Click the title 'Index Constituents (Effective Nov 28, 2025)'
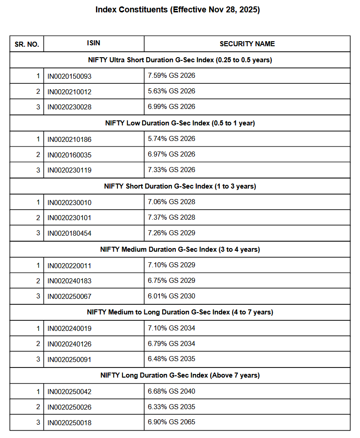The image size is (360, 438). click(178, 10)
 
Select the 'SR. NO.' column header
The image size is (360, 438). click(26, 44)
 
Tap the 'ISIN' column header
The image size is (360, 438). click(94, 43)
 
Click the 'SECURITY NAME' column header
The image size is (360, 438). click(247, 44)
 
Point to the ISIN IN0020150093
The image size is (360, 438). click(69, 76)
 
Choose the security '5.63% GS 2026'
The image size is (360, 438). click(171, 91)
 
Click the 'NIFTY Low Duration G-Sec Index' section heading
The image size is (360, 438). click(180, 123)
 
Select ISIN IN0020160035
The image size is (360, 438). click(69, 155)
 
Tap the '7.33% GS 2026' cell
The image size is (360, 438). click(171, 170)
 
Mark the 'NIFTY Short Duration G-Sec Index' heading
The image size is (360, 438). click(180, 186)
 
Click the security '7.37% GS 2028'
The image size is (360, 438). click(171, 217)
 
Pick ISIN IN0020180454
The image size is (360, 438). click(69, 233)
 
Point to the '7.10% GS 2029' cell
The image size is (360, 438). click(171, 265)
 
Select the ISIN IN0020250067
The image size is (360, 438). click(69, 297)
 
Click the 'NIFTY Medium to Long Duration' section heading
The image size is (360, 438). click(180, 312)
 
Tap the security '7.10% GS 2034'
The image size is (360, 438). click(171, 328)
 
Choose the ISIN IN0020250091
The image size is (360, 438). click(69, 360)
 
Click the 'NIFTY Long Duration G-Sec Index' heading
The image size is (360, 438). click(180, 375)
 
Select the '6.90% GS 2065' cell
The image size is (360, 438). click(171, 422)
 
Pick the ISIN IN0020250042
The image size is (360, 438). click(69, 392)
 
